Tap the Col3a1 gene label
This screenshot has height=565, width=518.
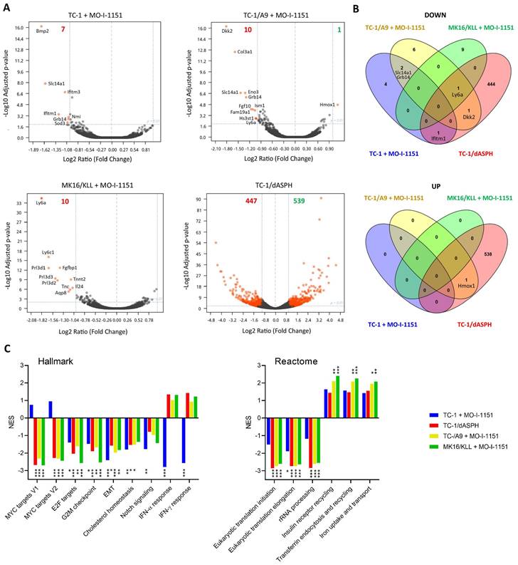point(245,51)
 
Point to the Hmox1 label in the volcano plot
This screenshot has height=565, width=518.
point(328,105)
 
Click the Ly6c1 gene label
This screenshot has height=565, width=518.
point(48,253)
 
